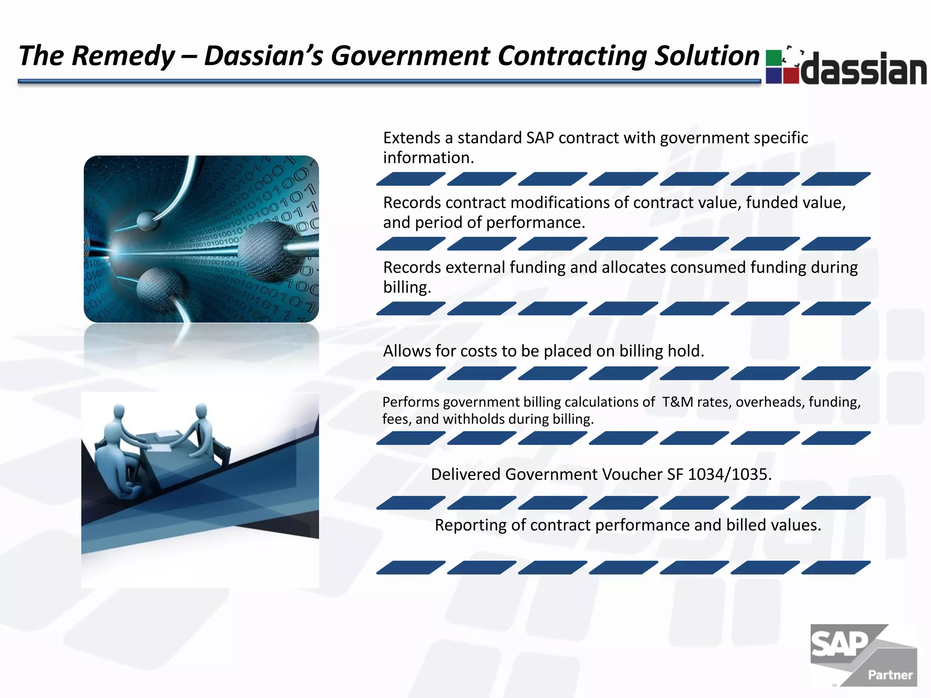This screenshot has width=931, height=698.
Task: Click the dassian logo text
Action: point(864,69)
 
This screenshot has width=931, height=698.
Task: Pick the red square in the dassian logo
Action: point(791,75)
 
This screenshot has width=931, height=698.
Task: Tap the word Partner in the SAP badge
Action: point(890,675)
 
